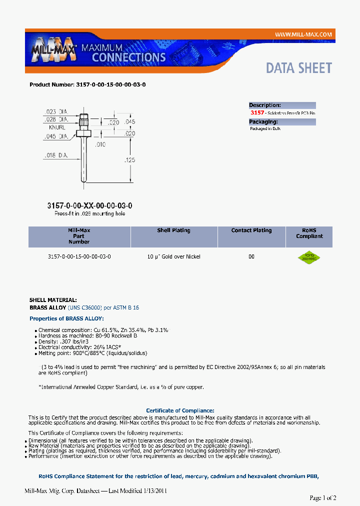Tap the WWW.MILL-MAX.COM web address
303,34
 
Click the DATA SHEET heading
298,68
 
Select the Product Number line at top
87,84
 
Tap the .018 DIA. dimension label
55,155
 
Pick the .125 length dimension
130,160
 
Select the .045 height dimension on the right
129,122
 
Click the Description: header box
282,105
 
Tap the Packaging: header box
282,121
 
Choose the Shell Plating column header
173,230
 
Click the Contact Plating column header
251,230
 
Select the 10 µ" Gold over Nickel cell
173,256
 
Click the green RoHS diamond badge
309,257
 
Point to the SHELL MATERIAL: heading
53,299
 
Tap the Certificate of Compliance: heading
180,410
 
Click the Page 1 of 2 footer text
323,497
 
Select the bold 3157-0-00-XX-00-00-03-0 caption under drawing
89,205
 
